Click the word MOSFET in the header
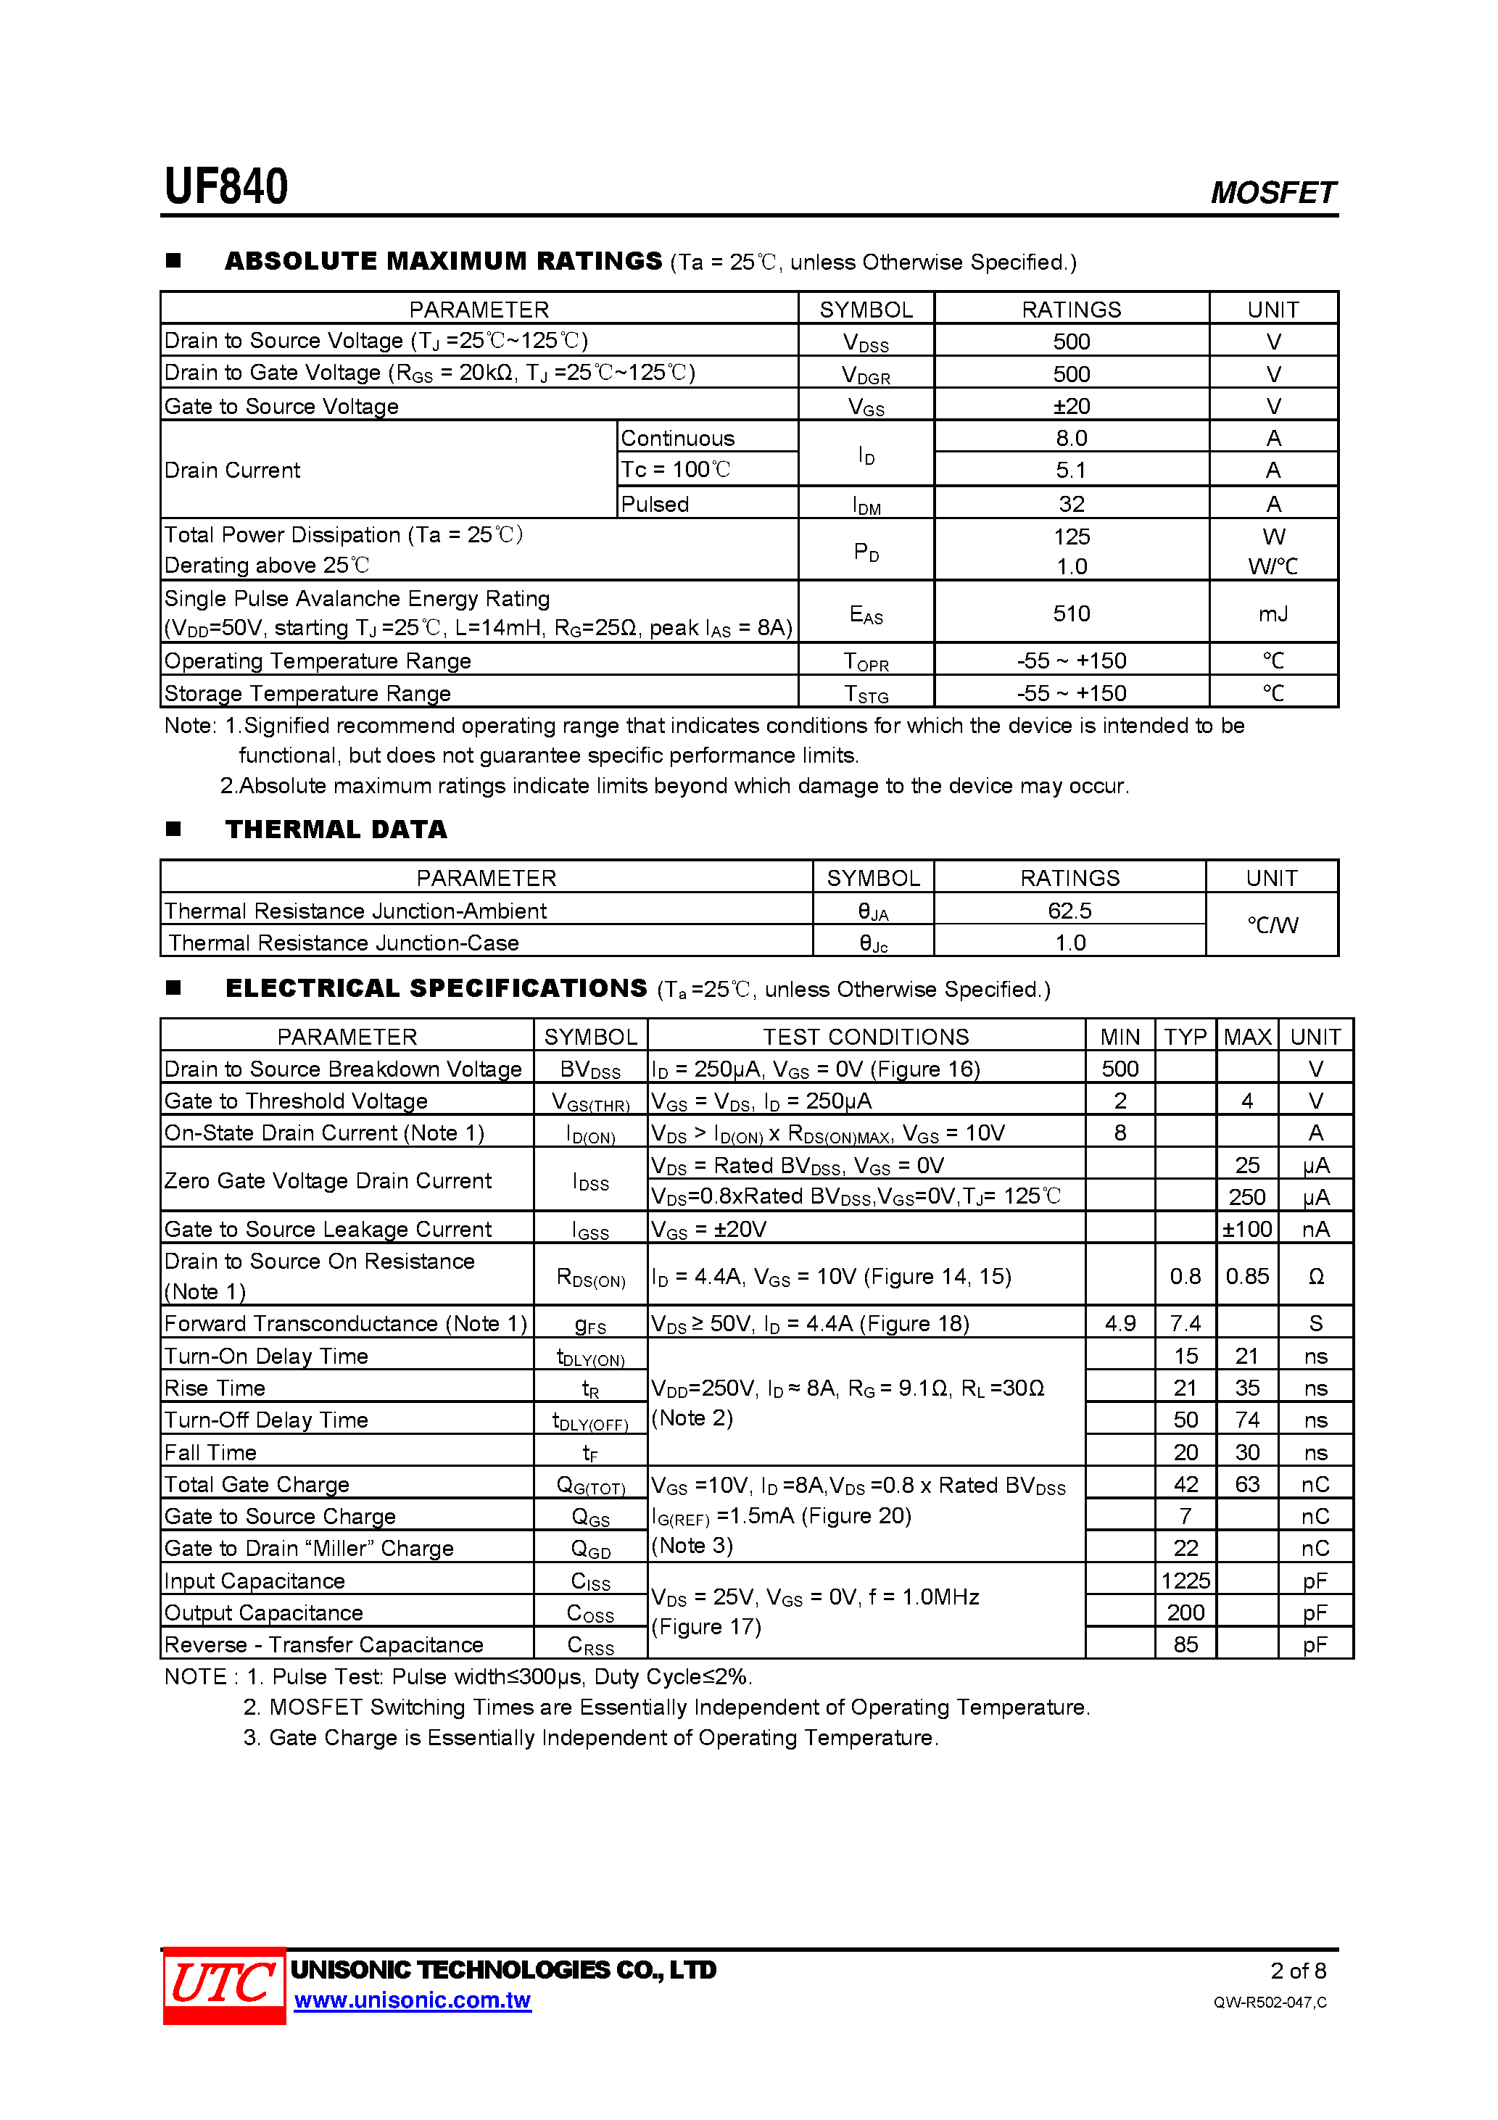tap(1272, 192)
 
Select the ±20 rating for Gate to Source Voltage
tap(1072, 406)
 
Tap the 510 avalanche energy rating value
tap(1072, 613)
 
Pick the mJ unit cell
tap(1273, 613)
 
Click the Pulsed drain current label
tap(655, 504)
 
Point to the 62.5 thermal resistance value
tap(1069, 911)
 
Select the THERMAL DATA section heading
tap(336, 829)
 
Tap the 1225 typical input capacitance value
tap(1185, 1581)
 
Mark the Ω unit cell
tap(1316, 1276)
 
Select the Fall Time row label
tap(210, 1452)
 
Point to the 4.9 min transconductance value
tap(1120, 1323)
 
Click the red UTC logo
tap(223, 1985)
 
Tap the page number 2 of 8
tap(1298, 1971)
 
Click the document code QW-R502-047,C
tap(1270, 2002)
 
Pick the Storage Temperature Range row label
tap(307, 692)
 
